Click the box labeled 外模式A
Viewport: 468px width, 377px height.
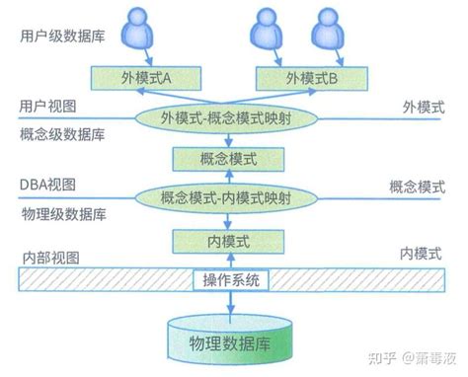pyautogui.click(x=139, y=77)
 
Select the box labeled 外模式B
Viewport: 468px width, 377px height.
pyautogui.click(x=306, y=77)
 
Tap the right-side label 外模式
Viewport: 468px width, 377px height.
pyautogui.click(x=424, y=106)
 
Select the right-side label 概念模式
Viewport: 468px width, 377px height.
pyautogui.click(x=417, y=186)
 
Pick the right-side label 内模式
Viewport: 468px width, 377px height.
pyautogui.click(x=424, y=254)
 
